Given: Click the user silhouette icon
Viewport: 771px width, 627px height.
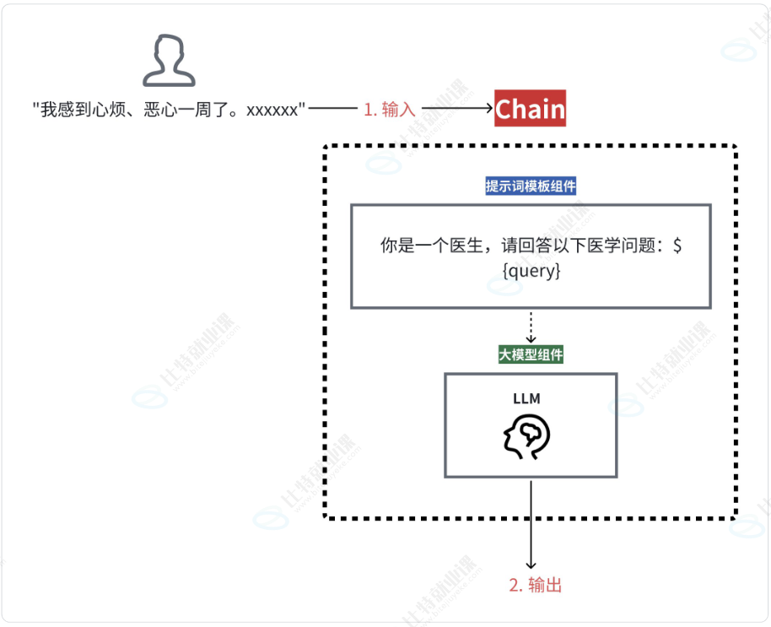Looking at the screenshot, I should tap(169, 62).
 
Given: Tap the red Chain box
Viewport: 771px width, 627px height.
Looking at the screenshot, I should tap(530, 109).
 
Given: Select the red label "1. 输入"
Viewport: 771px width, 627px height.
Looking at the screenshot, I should tap(390, 110).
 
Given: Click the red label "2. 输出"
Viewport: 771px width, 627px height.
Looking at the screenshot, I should tap(535, 585).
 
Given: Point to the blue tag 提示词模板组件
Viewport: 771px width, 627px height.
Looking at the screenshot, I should tap(531, 186).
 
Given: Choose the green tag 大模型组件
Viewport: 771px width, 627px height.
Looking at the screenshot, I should tap(531, 355).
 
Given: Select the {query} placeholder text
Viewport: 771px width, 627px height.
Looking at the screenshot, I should tap(531, 272).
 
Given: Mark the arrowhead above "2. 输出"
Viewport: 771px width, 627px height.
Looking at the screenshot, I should tap(531, 564).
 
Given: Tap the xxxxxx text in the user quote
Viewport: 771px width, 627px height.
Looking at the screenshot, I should tap(272, 110).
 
